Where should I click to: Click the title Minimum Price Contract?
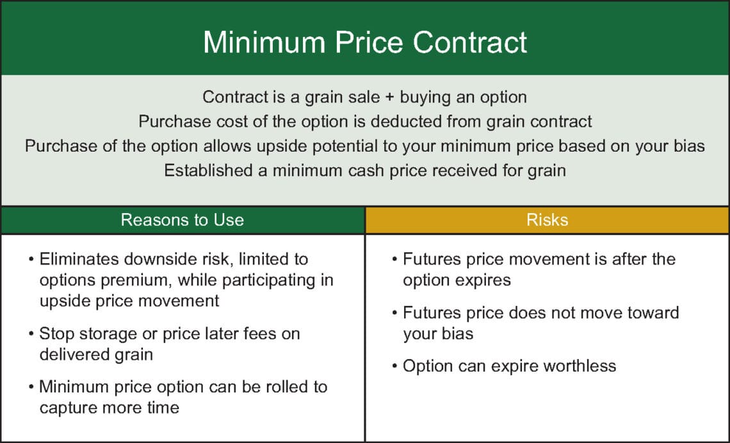click(365, 42)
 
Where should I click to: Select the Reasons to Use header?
click(182, 220)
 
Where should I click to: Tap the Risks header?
click(547, 220)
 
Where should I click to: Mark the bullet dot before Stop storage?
click(31, 334)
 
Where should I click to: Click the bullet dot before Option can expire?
click(395, 366)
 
